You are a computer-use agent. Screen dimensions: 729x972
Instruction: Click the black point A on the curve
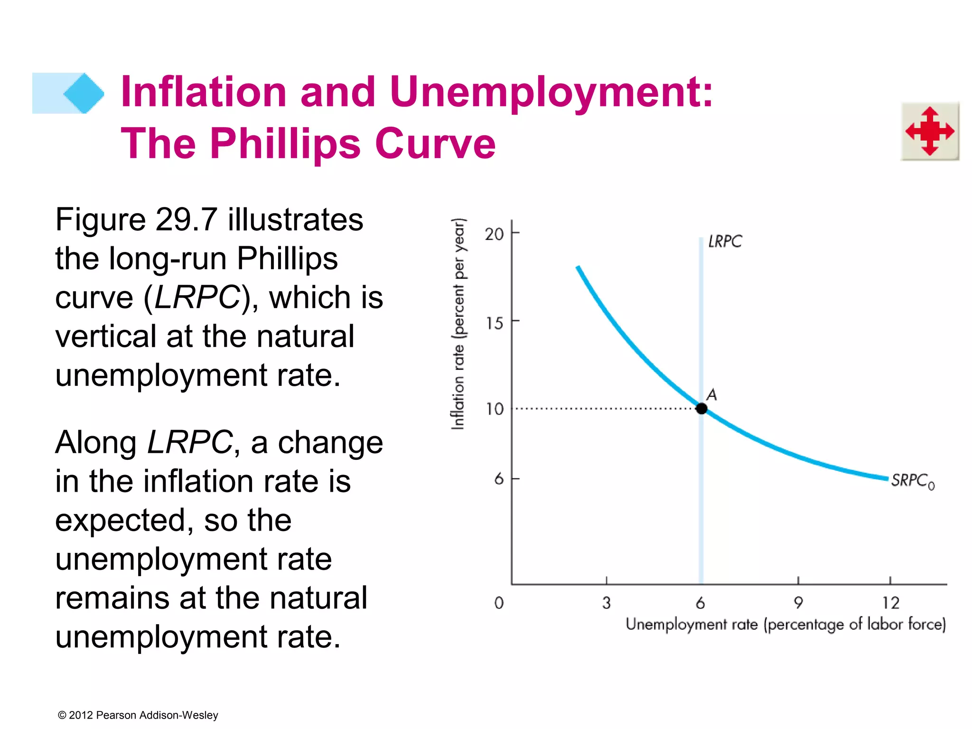(x=701, y=408)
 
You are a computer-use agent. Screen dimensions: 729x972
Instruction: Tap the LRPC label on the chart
(x=724, y=242)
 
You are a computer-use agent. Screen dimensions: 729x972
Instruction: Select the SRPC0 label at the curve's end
(x=912, y=481)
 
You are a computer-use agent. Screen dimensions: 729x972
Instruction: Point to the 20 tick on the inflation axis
(x=494, y=234)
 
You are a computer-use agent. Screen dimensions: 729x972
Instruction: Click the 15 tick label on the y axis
(x=494, y=323)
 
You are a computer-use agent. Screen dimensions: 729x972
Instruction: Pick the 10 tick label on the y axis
(x=494, y=409)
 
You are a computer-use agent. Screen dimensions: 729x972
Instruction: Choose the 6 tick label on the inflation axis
(x=498, y=479)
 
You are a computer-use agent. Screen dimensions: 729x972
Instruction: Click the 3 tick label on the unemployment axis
(x=606, y=603)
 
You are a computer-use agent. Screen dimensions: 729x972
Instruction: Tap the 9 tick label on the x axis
(x=798, y=603)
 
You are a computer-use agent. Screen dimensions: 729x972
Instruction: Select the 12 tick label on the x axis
(x=890, y=603)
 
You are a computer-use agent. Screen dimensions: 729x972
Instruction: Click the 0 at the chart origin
(x=498, y=603)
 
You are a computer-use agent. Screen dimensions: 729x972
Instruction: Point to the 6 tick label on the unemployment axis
(x=700, y=603)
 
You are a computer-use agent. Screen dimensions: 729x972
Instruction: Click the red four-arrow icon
(x=930, y=131)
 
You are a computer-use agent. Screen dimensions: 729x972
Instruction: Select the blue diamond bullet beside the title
(x=84, y=93)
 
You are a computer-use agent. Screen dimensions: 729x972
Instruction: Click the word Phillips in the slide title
(x=285, y=143)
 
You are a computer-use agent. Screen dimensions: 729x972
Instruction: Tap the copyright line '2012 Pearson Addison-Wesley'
(x=138, y=715)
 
